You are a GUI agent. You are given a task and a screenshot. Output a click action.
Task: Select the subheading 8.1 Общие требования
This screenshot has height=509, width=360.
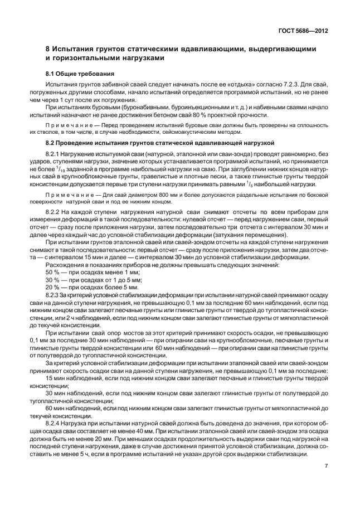pos(80,73)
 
